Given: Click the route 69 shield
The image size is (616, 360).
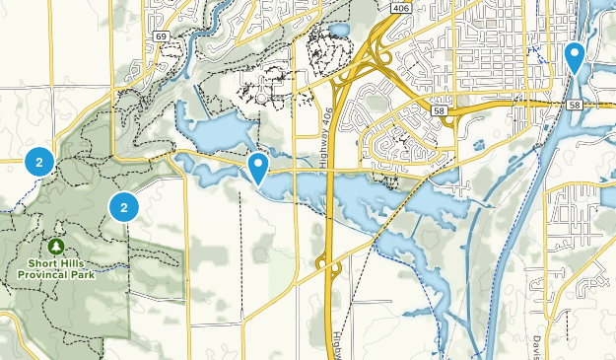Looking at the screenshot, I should (x=160, y=36).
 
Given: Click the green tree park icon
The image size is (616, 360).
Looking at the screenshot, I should (x=56, y=246).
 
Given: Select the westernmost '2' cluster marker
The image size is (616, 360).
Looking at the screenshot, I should (x=38, y=160).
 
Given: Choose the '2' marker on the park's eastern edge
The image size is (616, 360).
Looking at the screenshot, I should (x=123, y=206).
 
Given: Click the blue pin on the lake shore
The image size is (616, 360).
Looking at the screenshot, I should (x=258, y=167).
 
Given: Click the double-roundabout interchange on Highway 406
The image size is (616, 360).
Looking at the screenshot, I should (x=328, y=265).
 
